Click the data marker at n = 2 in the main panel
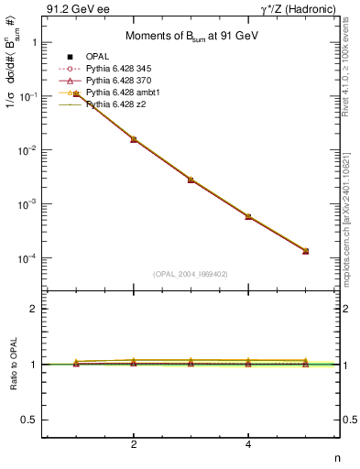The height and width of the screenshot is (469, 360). pos(134,139)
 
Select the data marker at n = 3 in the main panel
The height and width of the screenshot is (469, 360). pos(191,180)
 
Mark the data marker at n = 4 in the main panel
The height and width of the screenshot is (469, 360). pos(248,216)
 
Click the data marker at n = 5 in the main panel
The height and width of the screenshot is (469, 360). pos(305,251)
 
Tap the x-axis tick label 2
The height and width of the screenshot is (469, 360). pos(134,445)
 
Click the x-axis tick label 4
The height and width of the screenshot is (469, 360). pos(248,445)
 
